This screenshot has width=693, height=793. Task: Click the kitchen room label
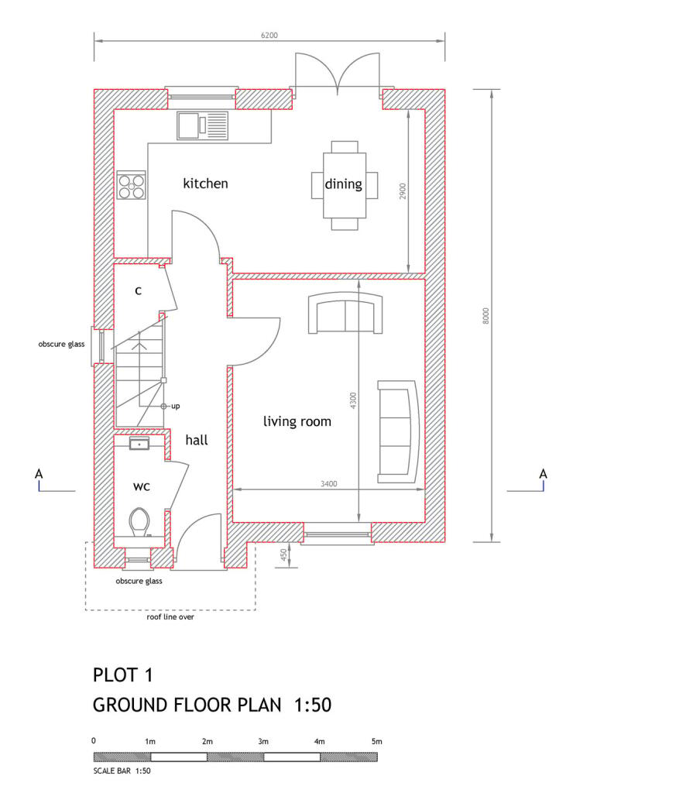[205, 184]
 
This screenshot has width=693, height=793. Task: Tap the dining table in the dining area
[345, 184]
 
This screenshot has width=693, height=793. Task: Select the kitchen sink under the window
[203, 125]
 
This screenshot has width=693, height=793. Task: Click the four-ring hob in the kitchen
[132, 185]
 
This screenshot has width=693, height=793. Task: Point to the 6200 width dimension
[269, 36]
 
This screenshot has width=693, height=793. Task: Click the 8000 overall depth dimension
[485, 315]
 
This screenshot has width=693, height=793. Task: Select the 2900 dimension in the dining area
[403, 191]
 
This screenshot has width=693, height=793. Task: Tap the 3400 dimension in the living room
[328, 483]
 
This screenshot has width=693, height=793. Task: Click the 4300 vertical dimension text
[353, 400]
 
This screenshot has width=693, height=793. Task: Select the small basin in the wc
[139, 444]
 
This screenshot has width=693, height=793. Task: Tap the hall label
[197, 440]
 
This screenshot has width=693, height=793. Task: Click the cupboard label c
[138, 291]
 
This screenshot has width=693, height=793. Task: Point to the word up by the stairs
[176, 406]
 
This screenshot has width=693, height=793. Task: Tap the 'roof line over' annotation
[170, 617]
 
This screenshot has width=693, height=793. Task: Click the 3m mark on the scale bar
[263, 741]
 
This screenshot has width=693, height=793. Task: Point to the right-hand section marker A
[543, 474]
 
